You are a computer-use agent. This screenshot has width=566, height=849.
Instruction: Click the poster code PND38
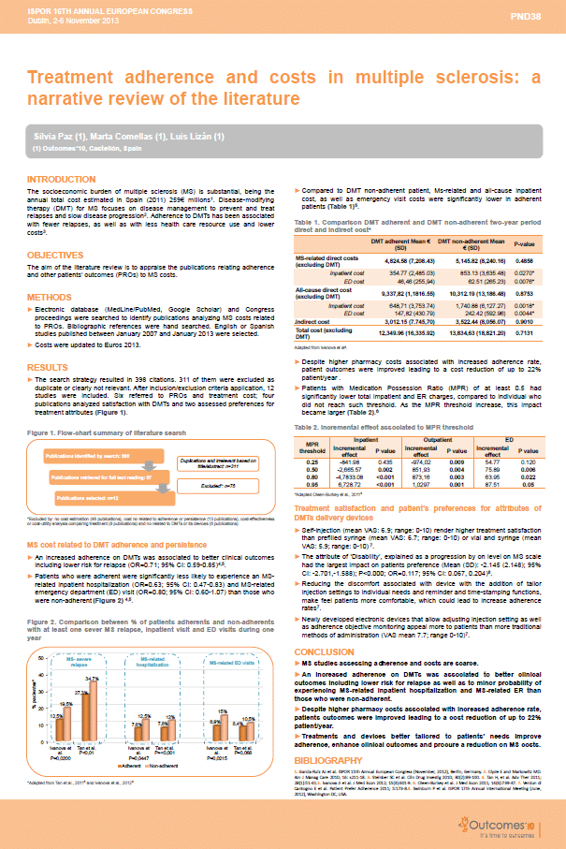(x=537, y=16)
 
